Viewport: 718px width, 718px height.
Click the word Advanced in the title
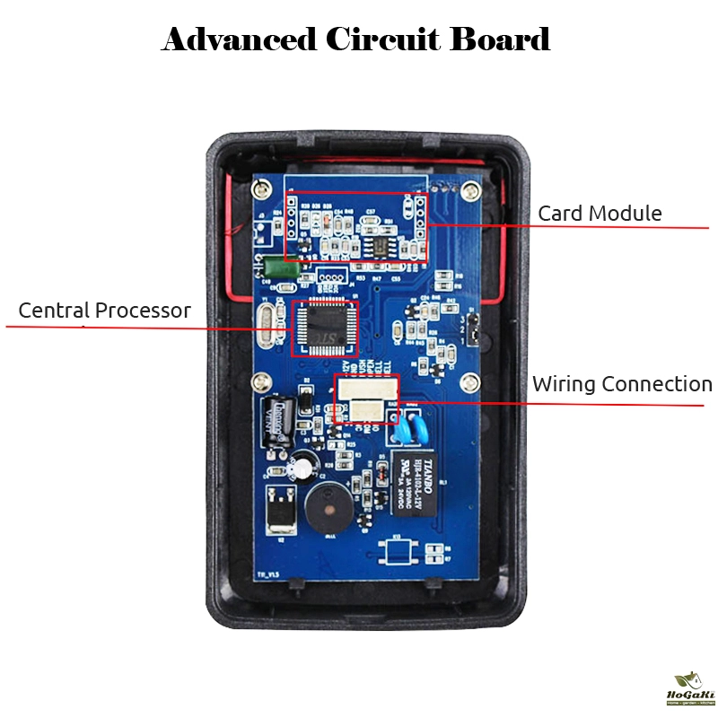238,39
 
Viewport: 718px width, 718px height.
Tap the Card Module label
600,214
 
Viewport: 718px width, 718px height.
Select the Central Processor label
104,311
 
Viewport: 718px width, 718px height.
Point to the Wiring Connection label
621,384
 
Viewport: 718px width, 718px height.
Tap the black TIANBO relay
416,485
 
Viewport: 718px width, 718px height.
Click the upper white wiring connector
366,389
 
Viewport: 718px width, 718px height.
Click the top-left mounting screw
261,188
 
